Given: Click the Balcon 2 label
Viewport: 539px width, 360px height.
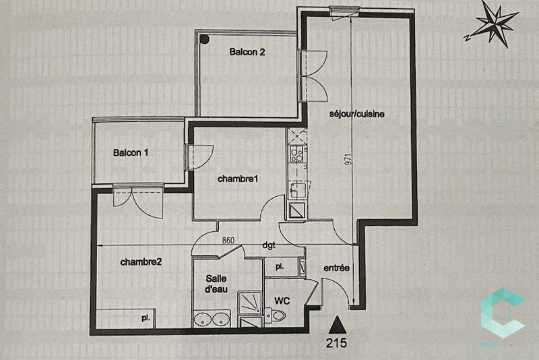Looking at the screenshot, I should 247,52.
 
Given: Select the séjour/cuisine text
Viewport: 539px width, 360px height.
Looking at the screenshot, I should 357,114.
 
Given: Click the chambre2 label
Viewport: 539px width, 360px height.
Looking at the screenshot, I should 141,262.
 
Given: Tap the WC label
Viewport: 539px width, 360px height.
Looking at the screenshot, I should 282,299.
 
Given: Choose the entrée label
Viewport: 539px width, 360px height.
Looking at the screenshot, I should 336,268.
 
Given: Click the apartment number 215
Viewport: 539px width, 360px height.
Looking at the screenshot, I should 336,342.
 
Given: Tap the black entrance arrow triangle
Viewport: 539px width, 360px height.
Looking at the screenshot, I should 336,324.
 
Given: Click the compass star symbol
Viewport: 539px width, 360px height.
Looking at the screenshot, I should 494,24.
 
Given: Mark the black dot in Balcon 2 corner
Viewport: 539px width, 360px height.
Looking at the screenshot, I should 203,38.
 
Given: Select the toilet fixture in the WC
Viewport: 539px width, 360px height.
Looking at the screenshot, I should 276,313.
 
